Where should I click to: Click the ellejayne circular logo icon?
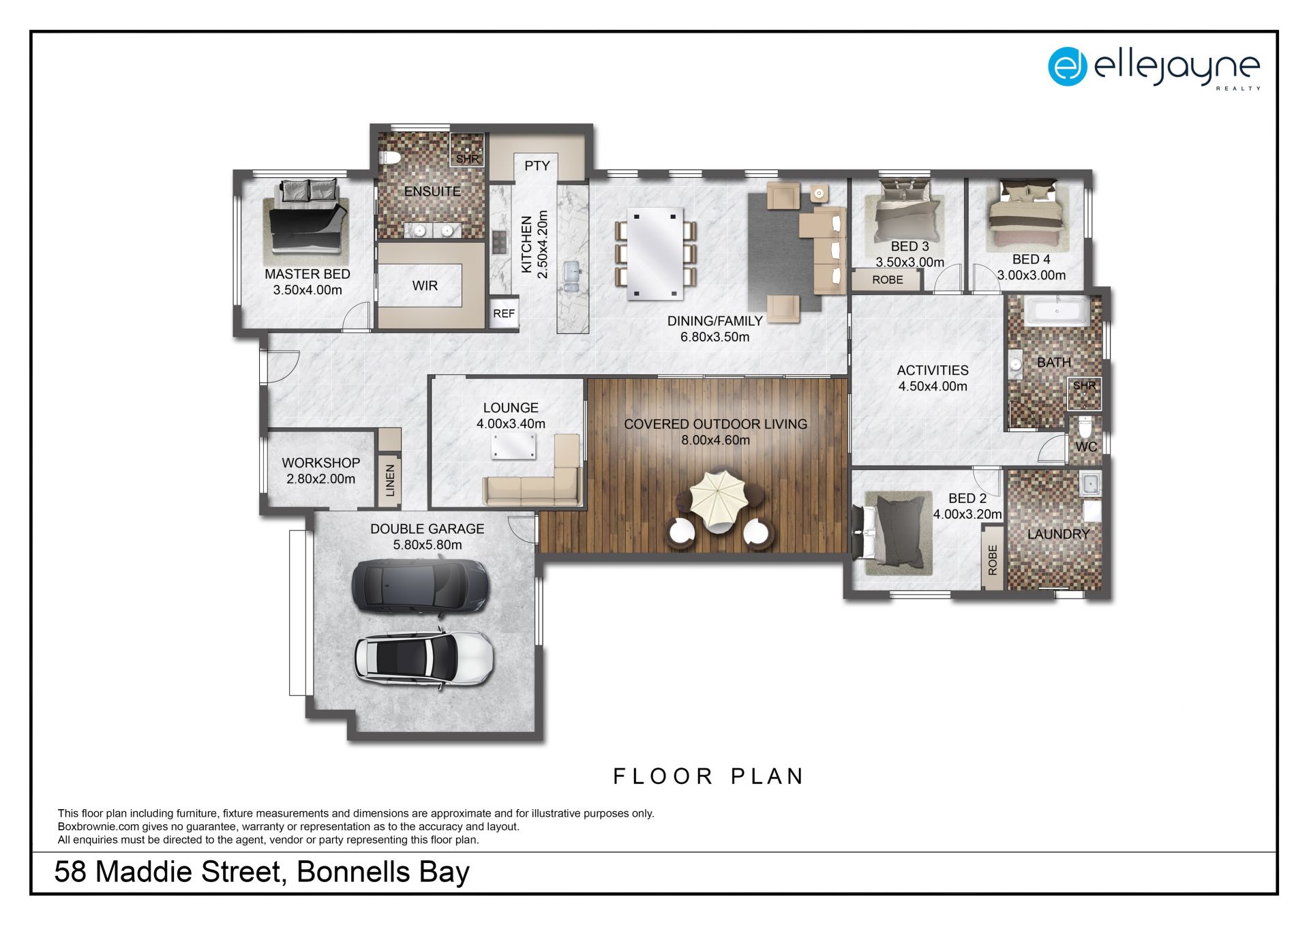pos(1068,66)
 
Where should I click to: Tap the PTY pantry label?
pos(537,166)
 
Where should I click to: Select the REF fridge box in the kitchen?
pos(504,314)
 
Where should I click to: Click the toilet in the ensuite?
pos(391,158)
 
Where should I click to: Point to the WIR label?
pos(425,286)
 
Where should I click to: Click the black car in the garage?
pos(420,587)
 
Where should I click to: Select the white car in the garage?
pos(423,659)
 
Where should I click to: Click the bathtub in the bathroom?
pos(1057,312)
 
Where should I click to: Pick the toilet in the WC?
pos(1085,427)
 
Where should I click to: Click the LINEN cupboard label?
pos(391,480)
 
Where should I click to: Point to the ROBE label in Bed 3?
pos(887,279)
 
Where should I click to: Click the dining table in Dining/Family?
pos(655,254)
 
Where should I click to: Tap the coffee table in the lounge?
pos(514,446)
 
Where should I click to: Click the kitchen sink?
pos(571,276)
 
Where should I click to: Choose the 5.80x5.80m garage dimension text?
pos(427,545)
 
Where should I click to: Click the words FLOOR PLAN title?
pos(709,776)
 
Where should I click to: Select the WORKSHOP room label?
pos(321,462)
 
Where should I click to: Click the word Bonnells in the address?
pos(353,872)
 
